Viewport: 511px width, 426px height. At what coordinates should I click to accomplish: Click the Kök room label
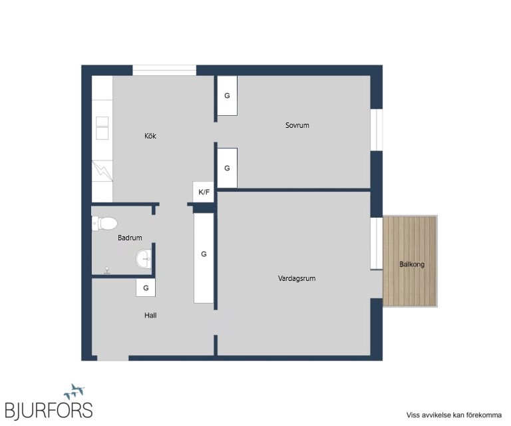(150, 136)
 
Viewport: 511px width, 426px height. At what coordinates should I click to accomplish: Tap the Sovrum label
(297, 125)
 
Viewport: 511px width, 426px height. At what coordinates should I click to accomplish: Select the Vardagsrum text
(297, 278)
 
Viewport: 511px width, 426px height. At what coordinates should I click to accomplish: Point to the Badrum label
(130, 238)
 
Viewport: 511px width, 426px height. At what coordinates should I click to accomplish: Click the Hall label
(150, 316)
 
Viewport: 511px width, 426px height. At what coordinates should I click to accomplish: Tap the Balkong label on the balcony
(412, 264)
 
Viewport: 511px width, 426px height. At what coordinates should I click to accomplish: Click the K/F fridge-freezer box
(204, 192)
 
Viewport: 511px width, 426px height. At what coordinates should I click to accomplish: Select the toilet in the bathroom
(104, 224)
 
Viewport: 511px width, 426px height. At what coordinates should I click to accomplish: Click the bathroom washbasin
(144, 259)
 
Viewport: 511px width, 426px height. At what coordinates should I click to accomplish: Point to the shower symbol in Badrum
(106, 270)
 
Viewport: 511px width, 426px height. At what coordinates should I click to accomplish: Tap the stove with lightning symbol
(102, 171)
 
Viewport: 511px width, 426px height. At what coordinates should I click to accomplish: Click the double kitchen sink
(102, 128)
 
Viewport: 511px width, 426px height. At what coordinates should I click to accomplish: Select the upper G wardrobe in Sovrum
(227, 95)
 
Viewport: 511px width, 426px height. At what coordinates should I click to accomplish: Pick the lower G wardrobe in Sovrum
(227, 168)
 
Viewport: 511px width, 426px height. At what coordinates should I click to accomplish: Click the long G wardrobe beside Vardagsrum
(204, 258)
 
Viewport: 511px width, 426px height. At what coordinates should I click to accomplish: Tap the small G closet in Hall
(146, 288)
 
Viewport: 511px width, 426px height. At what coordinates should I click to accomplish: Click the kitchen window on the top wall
(164, 71)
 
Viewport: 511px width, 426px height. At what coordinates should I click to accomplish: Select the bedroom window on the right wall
(377, 130)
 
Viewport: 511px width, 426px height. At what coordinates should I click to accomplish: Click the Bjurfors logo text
(49, 410)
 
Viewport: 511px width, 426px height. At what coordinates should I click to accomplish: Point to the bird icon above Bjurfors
(75, 391)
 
